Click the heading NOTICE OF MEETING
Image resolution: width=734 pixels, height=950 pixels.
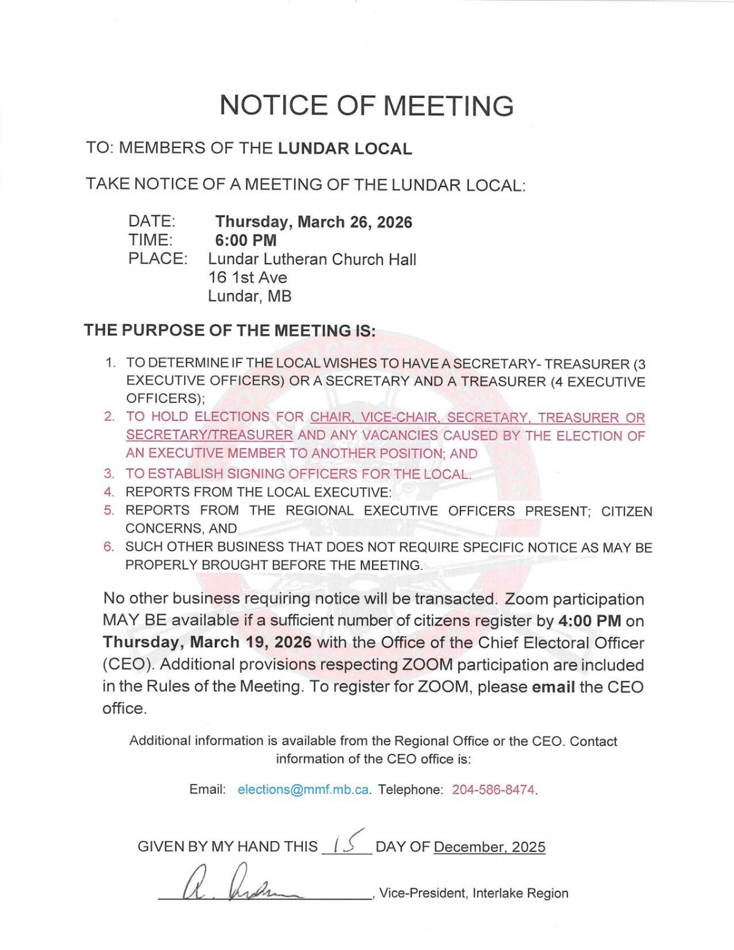pos(366,106)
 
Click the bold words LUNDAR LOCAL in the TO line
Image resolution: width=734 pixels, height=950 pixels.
pos(344,149)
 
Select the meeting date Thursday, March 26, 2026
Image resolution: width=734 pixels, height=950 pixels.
pos(313,222)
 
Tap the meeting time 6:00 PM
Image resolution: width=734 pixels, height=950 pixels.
pos(245,240)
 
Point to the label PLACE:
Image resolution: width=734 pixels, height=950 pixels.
pos(157,259)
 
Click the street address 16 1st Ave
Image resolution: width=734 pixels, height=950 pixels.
pos(247,278)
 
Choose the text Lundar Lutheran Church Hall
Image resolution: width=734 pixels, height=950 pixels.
pos(312,259)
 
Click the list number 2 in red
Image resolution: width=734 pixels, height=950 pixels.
pos(109,417)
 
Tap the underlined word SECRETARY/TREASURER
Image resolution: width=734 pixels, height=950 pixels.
pos(209,436)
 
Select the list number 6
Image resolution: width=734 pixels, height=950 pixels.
pos(108,547)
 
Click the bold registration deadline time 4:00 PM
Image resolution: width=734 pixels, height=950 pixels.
pos(590,621)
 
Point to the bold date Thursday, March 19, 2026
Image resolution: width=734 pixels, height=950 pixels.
pos(207,642)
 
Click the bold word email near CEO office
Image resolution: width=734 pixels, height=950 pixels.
pos(553,687)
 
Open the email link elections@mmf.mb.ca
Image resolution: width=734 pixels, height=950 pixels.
pos(303,790)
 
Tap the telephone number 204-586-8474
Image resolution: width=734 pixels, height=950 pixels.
pos(493,790)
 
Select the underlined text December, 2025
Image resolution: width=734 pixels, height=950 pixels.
pos(489,847)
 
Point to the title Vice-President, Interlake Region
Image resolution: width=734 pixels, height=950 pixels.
pos(473,893)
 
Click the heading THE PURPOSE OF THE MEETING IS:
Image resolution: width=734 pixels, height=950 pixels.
pos(230,330)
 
